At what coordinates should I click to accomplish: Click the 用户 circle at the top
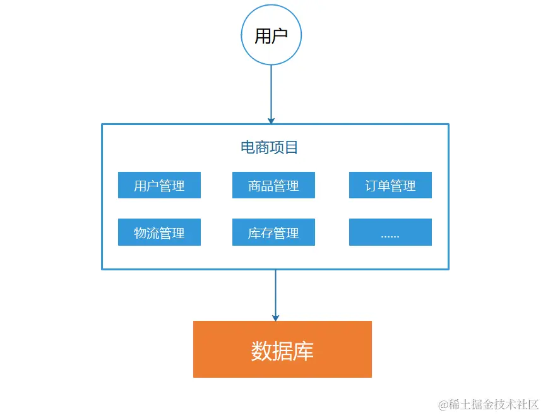pos(271,35)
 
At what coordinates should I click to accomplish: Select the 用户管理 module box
pos(159,185)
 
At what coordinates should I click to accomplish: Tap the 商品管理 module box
pos(273,185)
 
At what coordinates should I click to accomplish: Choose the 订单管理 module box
pos(390,185)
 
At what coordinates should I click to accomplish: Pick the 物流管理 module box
pos(159,232)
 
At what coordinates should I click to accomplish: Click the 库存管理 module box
pos(273,232)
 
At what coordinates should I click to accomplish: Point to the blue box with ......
pos(390,232)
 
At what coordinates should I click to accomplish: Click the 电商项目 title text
pos(270,148)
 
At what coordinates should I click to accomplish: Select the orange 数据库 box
pos(282,349)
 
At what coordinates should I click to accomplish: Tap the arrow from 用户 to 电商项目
pos(271,92)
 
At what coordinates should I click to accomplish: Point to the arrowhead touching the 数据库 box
pos(275,317)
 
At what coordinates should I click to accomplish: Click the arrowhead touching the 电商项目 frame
pos(271,120)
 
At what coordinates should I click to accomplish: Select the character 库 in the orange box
pos(304,351)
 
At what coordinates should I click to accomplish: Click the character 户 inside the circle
pos(279,36)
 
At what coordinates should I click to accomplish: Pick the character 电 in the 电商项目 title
pos(248,148)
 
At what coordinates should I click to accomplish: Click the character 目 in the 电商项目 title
pos(292,148)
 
